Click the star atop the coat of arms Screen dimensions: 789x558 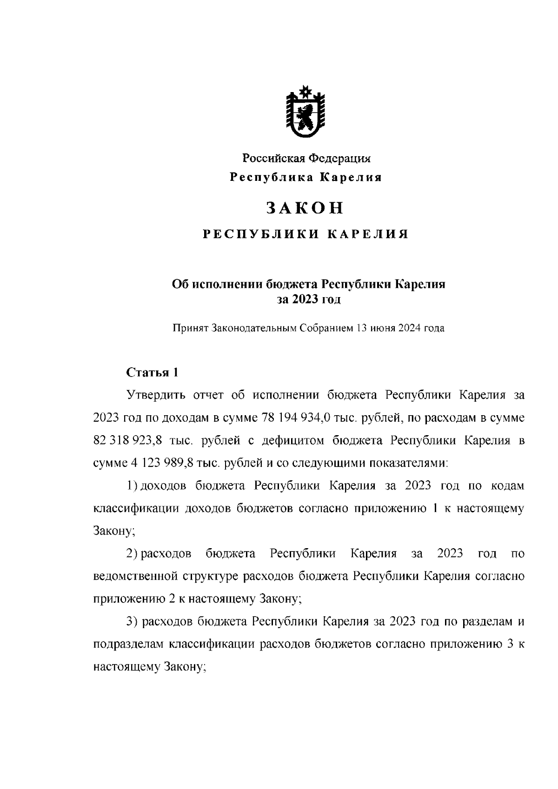[x=306, y=91]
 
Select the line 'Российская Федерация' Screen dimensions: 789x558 [x=306, y=159]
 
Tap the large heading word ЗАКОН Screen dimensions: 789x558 [x=306, y=208]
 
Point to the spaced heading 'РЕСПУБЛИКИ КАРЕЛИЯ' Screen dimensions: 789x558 [x=306, y=234]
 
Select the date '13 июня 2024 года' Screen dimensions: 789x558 [x=400, y=328]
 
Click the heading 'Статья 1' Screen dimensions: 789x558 [x=152, y=372]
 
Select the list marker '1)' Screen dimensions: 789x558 [x=132, y=486]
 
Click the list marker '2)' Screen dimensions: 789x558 [x=132, y=554]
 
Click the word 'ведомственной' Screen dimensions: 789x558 [x=133, y=577]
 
